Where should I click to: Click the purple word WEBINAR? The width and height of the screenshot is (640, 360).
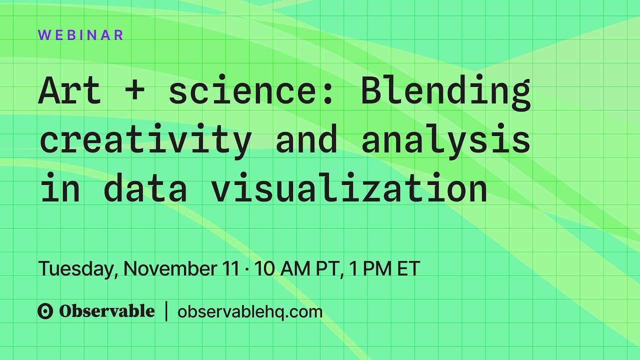click(80, 35)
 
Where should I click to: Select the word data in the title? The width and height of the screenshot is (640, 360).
click(145, 188)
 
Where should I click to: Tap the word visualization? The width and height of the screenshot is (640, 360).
click(349, 188)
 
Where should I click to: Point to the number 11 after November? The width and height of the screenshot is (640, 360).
click(231, 269)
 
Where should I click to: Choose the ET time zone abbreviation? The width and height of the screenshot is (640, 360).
click(408, 269)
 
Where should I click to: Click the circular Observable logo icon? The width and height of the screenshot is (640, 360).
click(45, 311)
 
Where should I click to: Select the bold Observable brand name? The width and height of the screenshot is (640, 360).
click(107, 311)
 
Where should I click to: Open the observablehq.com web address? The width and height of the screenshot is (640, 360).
click(250, 312)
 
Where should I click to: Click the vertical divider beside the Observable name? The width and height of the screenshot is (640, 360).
click(166, 311)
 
